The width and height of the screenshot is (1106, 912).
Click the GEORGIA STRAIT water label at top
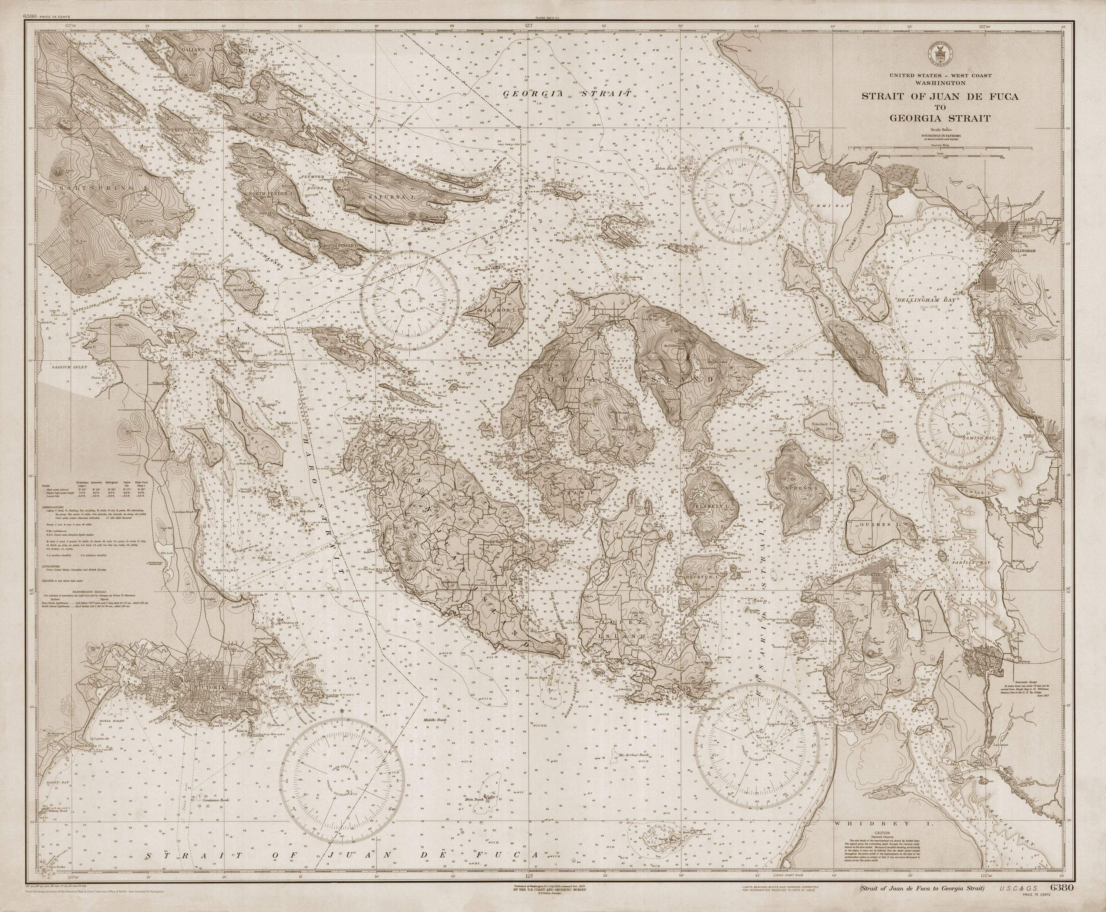tap(566, 94)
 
